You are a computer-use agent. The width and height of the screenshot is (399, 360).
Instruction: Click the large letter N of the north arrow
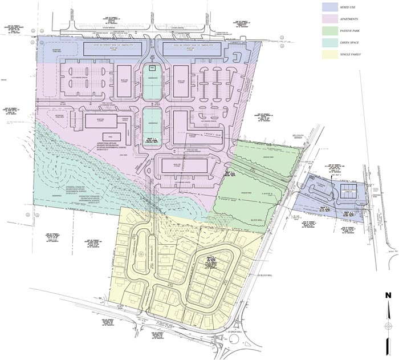[x=387, y=295]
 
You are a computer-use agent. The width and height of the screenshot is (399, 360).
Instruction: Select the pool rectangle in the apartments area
[x=152, y=68]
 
